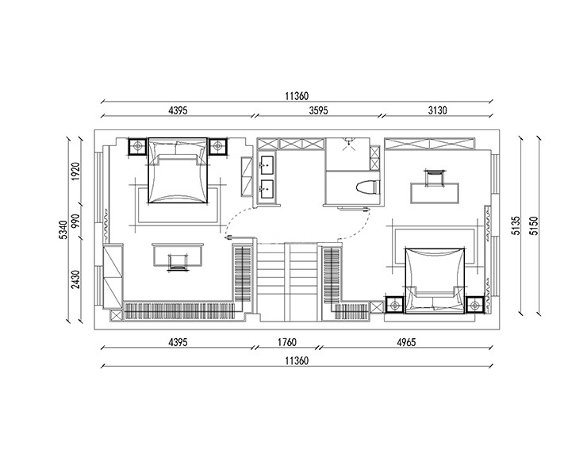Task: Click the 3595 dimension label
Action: pos(318,110)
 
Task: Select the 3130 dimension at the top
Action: pos(438,110)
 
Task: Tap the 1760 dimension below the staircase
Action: pos(287,342)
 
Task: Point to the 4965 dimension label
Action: pos(406,342)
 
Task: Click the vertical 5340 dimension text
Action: pos(63,229)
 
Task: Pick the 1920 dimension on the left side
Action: pos(76,171)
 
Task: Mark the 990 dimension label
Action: pos(76,222)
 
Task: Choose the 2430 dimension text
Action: pos(76,279)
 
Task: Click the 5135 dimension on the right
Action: pos(516,225)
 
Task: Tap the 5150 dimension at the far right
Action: pos(535,225)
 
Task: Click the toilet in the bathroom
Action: pos(366,187)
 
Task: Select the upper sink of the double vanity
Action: pos(267,165)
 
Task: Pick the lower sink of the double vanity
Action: pos(267,189)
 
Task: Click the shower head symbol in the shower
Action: pos(348,143)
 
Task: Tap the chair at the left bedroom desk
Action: pos(178,262)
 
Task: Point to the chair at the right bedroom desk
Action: pos(435,178)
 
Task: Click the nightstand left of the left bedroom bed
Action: pos(138,146)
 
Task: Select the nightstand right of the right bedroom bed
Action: pos(475,305)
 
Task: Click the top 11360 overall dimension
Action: pos(297,96)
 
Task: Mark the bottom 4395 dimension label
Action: pos(178,342)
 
